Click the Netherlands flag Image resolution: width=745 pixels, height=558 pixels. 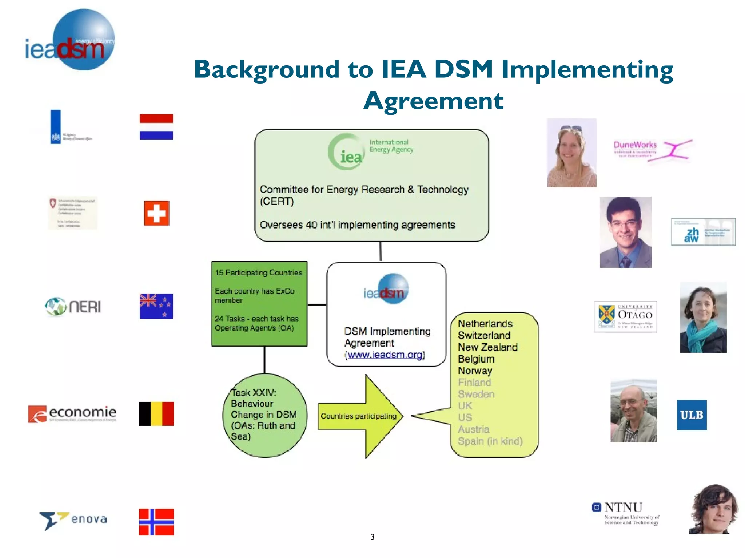[156, 127]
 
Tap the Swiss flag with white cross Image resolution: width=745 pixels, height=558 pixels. [156, 213]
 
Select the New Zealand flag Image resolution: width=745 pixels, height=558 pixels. [156, 306]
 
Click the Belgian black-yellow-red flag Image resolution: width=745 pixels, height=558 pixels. [156, 414]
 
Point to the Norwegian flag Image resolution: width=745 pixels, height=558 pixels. [156, 522]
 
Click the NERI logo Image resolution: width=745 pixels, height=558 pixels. [73, 307]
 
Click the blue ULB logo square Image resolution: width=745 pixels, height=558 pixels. [692, 415]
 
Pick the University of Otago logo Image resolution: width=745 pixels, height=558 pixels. [626, 316]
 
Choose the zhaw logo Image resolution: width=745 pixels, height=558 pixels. [703, 232]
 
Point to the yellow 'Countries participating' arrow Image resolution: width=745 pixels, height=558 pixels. [360, 416]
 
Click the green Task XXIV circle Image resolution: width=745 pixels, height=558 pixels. [264, 416]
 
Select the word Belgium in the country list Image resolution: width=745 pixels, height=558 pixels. [476, 359]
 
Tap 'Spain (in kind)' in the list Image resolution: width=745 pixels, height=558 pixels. [490, 441]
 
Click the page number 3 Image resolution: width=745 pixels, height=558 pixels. [372, 537]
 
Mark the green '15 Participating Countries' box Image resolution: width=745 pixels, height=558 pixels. [259, 303]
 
